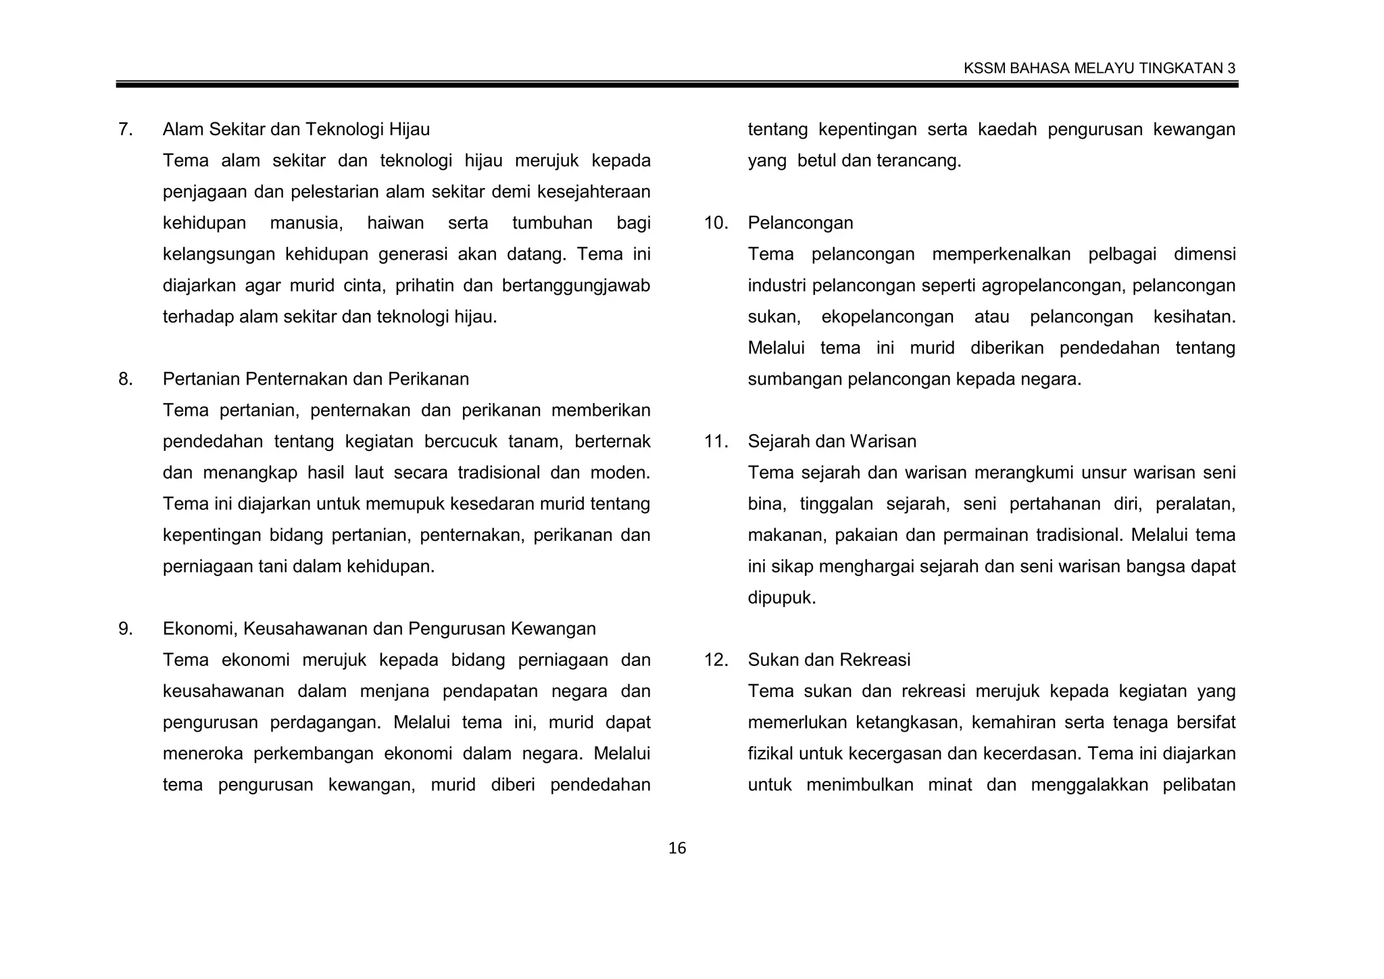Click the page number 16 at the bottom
(676, 849)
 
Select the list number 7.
(125, 129)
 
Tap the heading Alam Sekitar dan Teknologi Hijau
(296, 129)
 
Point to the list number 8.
(125, 379)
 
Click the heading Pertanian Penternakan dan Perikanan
(316, 379)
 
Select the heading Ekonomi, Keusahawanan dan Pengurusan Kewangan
(379, 629)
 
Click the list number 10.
(716, 223)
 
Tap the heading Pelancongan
(800, 223)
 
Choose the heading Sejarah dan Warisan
(832, 441)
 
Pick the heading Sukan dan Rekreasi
(829, 660)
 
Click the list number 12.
(716, 660)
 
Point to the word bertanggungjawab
(576, 286)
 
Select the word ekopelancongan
(887, 317)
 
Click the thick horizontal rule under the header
(676, 85)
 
